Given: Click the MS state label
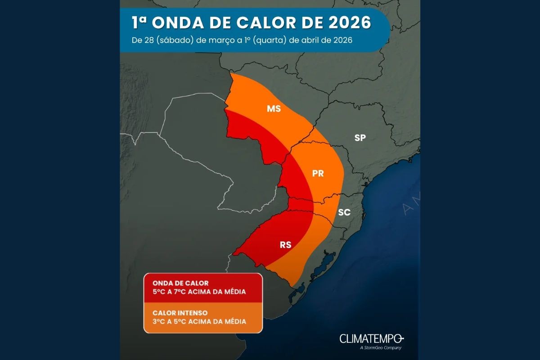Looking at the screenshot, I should [274, 109].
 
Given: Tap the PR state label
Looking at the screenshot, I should [318, 173].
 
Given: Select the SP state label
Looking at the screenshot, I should [360, 138].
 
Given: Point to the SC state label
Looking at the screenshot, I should [344, 212].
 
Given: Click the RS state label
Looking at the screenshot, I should [285, 245].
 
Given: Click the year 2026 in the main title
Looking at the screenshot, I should [346, 22].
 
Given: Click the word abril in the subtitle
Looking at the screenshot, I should [311, 40].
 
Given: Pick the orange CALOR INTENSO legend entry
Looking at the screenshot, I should [202, 317].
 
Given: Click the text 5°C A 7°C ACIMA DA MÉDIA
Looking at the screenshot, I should [199, 292].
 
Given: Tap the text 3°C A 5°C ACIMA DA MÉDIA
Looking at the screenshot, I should [199, 321].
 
